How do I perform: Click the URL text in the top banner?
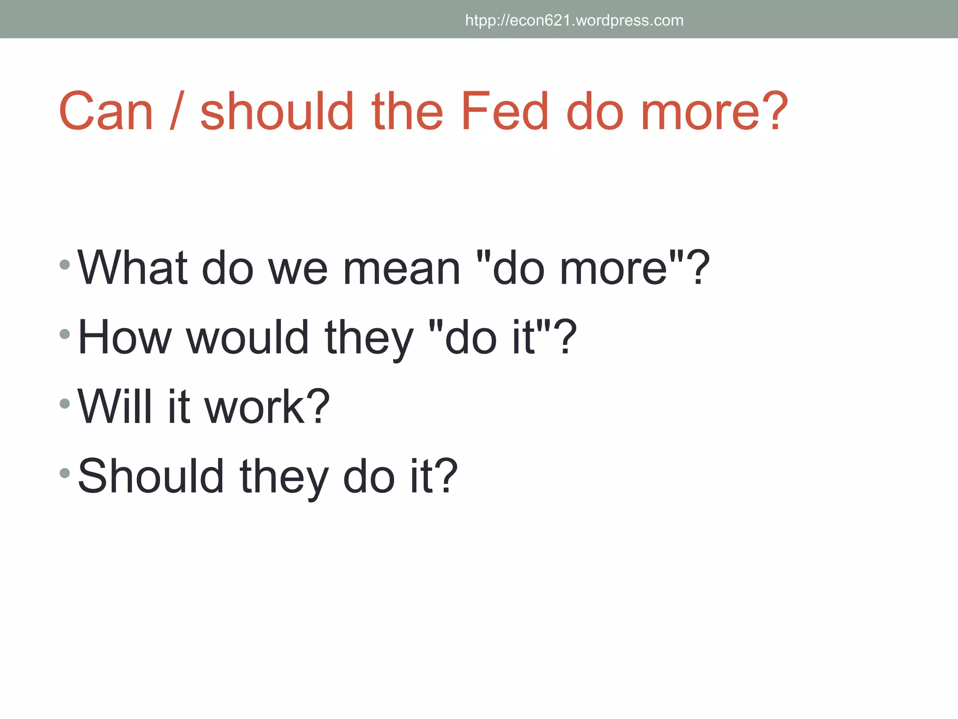point(574,21)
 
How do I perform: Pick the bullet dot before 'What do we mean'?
point(65,265)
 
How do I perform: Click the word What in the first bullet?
point(132,268)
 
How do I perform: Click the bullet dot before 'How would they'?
point(65,334)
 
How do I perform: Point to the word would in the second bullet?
point(248,337)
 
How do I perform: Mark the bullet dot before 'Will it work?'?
point(65,403)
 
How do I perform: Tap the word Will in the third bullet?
point(115,406)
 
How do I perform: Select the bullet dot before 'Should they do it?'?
point(65,473)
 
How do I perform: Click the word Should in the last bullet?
point(151,476)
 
